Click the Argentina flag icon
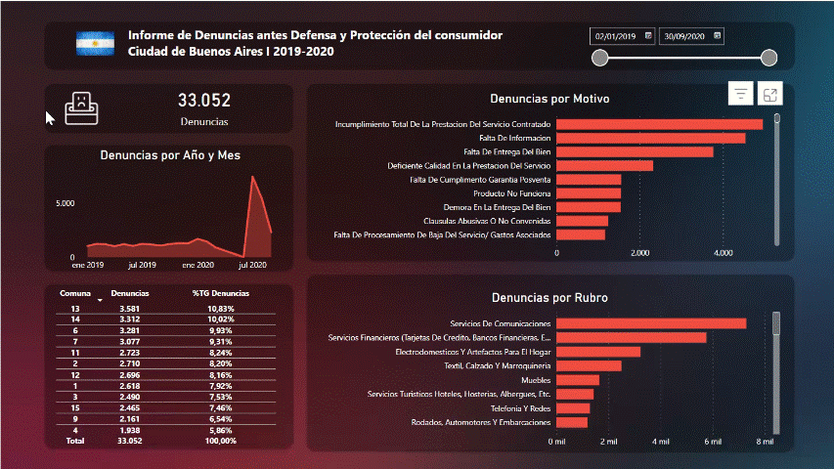pyautogui.click(x=95, y=43)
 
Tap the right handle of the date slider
pyautogui.click(x=768, y=58)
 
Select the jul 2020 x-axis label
pyautogui.click(x=252, y=265)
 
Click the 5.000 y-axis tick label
pyautogui.click(x=65, y=203)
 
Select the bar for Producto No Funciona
pyautogui.click(x=589, y=193)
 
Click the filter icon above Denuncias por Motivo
pyautogui.click(x=741, y=94)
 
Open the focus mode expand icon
pyautogui.click(x=770, y=94)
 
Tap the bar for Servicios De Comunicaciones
pyautogui.click(x=651, y=323)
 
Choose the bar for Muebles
pyautogui.click(x=578, y=380)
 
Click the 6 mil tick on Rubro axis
pyautogui.click(x=712, y=442)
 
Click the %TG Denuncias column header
pyautogui.click(x=220, y=293)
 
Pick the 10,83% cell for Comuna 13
pyautogui.click(x=220, y=309)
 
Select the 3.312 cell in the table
pyautogui.click(x=130, y=320)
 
